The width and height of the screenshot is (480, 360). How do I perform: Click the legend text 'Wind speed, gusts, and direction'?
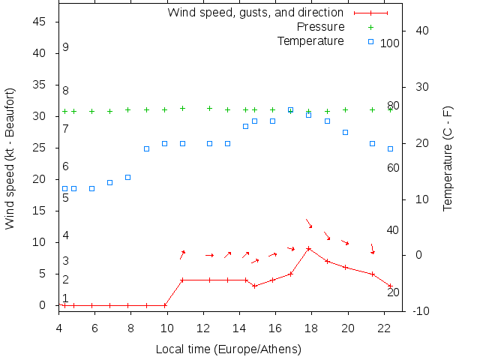click(255, 13)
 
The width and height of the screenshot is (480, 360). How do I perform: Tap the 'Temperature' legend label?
click(310, 40)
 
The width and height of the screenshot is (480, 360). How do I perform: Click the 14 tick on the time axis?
click(239, 328)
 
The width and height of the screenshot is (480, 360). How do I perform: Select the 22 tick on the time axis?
click(384, 328)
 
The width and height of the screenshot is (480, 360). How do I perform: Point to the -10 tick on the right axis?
click(421, 311)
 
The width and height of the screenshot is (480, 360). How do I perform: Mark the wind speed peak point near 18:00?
click(308, 248)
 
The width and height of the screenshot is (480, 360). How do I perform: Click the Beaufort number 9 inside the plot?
click(66, 47)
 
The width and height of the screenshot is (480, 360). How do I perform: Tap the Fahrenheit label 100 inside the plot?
click(390, 43)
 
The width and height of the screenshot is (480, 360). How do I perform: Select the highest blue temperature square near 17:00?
click(290, 109)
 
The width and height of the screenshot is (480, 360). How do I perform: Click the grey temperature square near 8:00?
click(127, 177)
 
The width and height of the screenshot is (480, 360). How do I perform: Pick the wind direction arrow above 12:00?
click(209, 255)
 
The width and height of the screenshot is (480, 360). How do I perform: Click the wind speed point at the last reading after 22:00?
click(390, 286)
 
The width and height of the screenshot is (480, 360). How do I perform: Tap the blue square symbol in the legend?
click(371, 41)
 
